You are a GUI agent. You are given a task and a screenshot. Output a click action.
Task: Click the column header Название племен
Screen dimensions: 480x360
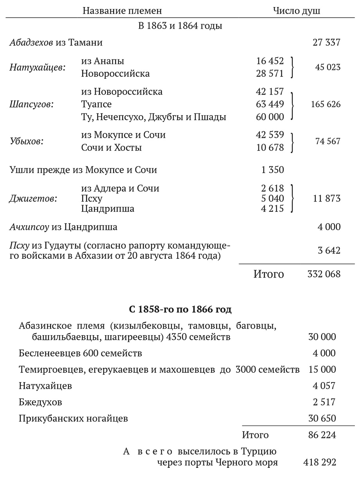(x=122, y=11)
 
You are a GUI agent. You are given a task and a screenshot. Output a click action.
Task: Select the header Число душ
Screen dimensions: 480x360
(x=297, y=11)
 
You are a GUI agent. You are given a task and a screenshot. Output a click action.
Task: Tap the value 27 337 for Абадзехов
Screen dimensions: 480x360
(x=326, y=42)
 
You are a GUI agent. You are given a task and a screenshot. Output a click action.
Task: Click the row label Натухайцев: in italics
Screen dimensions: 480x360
(x=38, y=67)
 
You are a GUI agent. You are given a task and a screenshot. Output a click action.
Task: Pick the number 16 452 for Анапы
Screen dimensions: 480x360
(x=270, y=61)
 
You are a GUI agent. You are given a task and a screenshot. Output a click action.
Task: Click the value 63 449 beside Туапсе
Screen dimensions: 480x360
(x=270, y=105)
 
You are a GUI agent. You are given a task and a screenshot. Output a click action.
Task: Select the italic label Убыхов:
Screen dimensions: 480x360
(x=27, y=141)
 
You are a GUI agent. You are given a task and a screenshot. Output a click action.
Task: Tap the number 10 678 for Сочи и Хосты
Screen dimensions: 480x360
(x=270, y=148)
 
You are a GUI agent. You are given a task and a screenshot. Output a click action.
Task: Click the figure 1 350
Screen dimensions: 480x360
(x=272, y=170)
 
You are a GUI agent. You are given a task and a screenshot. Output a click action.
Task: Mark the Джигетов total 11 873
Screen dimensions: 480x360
(x=326, y=198)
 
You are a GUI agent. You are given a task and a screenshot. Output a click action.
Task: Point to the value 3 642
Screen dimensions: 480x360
(x=329, y=251)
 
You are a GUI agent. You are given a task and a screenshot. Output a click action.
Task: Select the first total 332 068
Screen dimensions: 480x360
(x=324, y=274)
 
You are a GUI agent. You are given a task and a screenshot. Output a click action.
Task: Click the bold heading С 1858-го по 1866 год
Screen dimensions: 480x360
(x=180, y=310)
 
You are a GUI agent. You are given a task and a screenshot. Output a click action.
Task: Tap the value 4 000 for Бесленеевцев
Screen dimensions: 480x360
(x=324, y=353)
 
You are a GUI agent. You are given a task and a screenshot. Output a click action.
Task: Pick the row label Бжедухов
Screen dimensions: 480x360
(x=40, y=402)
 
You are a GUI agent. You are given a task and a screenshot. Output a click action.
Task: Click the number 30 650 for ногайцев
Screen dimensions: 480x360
(x=322, y=418)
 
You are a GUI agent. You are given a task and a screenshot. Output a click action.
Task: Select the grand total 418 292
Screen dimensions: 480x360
(x=319, y=462)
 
